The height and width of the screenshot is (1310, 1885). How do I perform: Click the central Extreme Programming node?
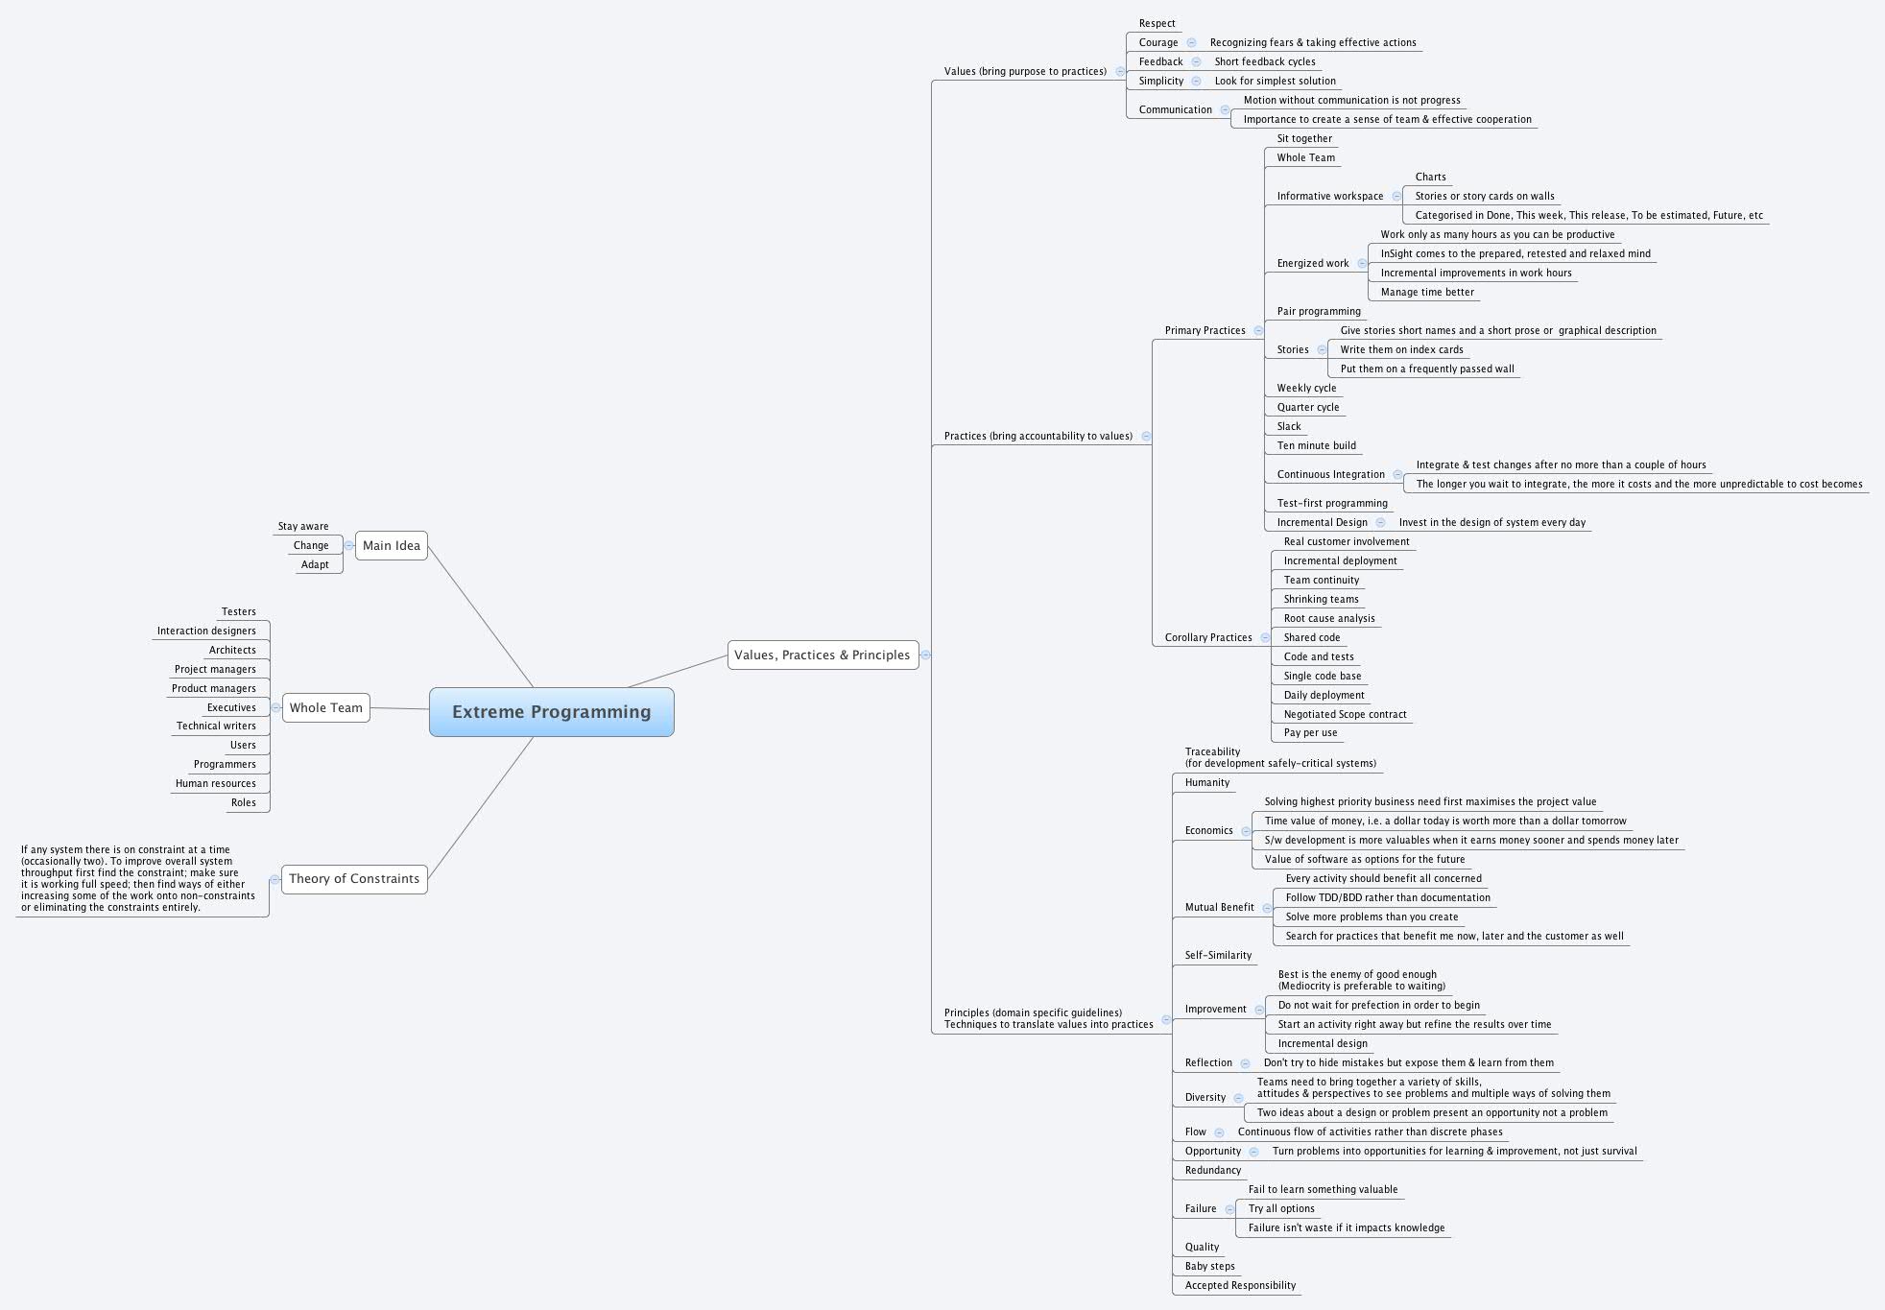551,712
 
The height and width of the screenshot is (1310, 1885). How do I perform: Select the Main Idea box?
391,545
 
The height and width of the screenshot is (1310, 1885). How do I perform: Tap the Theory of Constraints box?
353,878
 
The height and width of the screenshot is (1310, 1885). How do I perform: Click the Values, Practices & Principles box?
822,655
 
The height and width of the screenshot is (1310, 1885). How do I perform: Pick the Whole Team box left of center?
325,707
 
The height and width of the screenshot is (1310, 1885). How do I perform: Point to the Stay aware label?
302,526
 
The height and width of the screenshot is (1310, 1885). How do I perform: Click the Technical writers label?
216,726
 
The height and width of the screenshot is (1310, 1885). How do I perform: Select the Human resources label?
215,783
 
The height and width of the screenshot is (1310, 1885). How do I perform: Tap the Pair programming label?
1318,311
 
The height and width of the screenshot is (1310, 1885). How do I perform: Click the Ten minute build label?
1316,445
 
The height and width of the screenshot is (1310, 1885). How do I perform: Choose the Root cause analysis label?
1328,618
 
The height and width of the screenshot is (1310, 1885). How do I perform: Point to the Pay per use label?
1310,732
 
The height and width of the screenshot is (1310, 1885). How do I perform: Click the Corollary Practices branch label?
1207,637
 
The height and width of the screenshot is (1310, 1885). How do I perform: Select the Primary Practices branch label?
1205,330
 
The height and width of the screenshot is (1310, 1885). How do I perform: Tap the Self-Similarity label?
1218,955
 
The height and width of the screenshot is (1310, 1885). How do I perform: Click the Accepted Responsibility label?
1239,1285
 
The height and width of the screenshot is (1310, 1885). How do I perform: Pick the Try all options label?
1280,1208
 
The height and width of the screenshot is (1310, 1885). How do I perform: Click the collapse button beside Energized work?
1362,263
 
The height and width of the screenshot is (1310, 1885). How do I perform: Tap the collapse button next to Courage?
1191,42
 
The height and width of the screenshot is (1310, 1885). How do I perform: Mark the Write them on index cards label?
1401,349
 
